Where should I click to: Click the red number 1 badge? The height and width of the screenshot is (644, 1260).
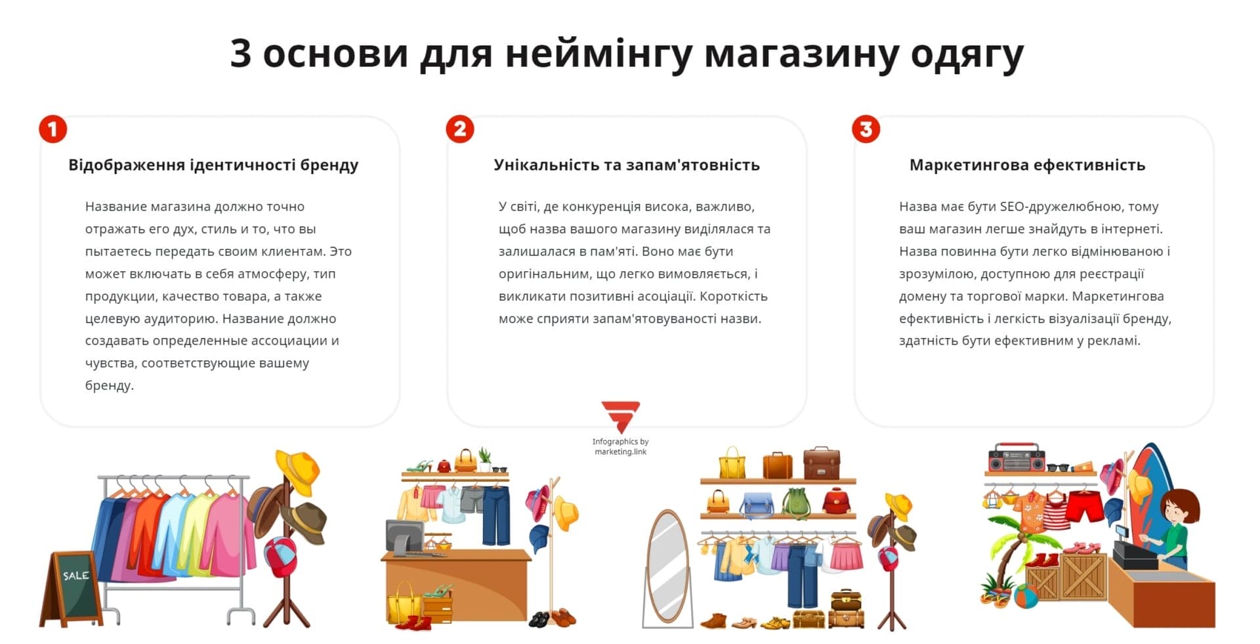click(x=53, y=129)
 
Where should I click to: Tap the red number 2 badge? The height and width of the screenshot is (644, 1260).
click(x=460, y=129)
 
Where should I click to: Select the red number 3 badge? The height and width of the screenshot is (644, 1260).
click(x=866, y=129)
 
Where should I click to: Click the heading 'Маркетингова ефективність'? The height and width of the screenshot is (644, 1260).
click(x=1027, y=165)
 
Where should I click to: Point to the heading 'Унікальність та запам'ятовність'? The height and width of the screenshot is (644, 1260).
click(x=627, y=165)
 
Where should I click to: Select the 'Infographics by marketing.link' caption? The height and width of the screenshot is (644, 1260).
click(x=620, y=446)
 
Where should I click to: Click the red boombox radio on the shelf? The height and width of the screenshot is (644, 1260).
click(x=1016, y=458)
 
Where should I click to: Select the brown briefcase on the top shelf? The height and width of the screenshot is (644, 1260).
click(x=821, y=463)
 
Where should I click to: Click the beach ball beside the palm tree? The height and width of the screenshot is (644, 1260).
click(x=1025, y=596)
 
